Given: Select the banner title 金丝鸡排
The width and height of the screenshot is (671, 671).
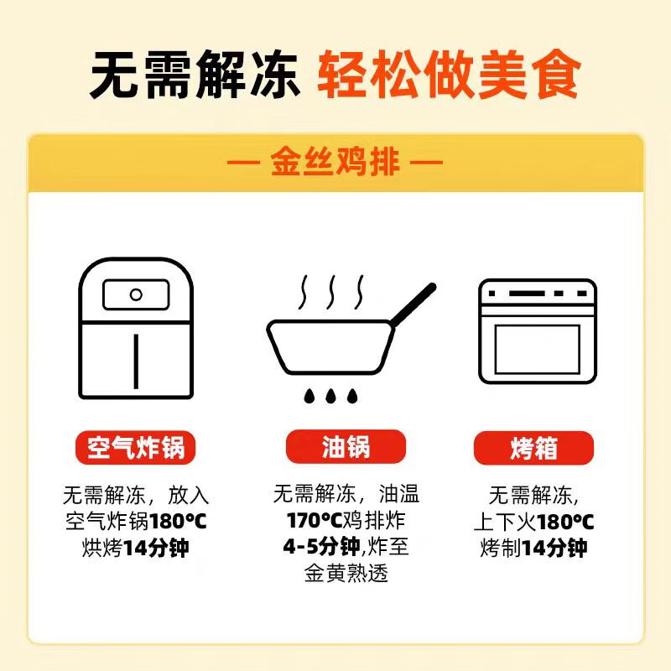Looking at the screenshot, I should (335, 162).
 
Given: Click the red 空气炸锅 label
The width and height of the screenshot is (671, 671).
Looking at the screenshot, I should (135, 448).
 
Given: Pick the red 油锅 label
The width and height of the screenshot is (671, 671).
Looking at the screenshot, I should (345, 448).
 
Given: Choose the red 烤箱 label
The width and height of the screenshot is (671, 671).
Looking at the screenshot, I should (533, 448).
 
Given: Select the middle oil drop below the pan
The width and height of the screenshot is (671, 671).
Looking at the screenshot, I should (331, 394).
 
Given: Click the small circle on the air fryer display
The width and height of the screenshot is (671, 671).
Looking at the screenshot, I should (135, 294).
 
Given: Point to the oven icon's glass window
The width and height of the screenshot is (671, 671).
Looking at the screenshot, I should (537, 349).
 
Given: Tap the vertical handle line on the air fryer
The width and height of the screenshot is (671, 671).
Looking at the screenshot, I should (135, 360).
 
